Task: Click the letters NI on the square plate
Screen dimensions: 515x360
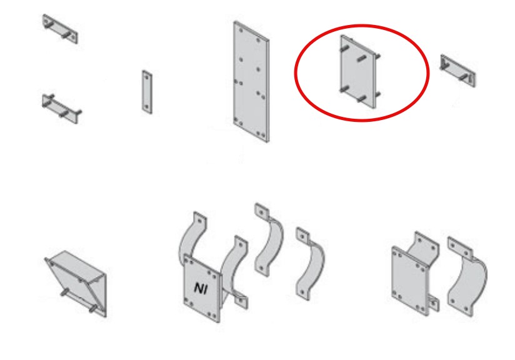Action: pyautogui.click(x=201, y=288)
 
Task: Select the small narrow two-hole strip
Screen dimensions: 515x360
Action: pyautogui.click(x=147, y=92)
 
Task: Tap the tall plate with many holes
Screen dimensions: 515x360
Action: pyautogui.click(x=251, y=82)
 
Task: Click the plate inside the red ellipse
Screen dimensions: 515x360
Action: pyautogui.click(x=359, y=72)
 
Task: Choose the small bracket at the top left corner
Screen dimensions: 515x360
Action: pyautogui.click(x=60, y=29)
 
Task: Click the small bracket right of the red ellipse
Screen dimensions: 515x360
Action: pyautogui.click(x=457, y=71)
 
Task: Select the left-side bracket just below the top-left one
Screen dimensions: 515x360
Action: pyautogui.click(x=61, y=109)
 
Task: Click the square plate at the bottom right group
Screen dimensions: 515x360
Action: pyautogui.click(x=410, y=281)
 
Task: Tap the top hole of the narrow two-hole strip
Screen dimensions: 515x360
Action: pyautogui.click(x=146, y=77)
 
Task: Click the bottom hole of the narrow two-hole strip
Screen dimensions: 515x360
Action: pyautogui.click(x=147, y=107)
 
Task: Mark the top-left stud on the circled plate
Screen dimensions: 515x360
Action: pyautogui.click(x=344, y=49)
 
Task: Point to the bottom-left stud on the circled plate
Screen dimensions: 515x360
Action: pyautogui.click(x=344, y=89)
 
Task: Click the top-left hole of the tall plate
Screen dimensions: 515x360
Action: pyautogui.click(x=241, y=31)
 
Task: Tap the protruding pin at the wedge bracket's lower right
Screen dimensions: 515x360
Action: pyautogui.click(x=93, y=308)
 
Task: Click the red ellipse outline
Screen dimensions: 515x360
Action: pyautogui.click(x=294, y=73)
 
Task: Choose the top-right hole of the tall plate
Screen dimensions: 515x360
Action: pyautogui.click(x=258, y=41)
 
